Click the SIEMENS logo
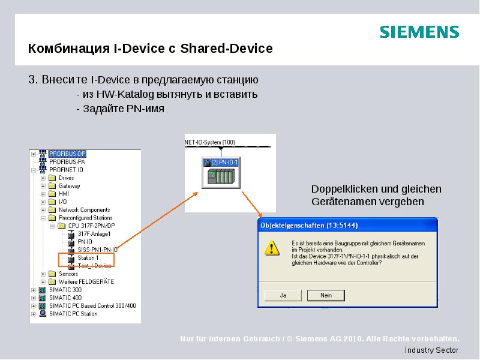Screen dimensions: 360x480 click(x=419, y=32)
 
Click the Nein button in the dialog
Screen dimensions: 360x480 click(x=326, y=295)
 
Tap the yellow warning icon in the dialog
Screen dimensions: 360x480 click(x=272, y=247)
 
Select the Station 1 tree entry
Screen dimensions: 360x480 click(x=88, y=258)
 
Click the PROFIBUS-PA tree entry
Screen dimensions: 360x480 click(x=67, y=162)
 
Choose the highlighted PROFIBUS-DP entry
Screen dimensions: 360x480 click(x=67, y=154)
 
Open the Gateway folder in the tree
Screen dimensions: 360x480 click(x=69, y=186)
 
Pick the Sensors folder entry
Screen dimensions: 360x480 click(x=68, y=274)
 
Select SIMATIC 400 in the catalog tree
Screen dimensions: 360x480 click(x=65, y=298)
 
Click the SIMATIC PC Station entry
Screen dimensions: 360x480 click(x=73, y=314)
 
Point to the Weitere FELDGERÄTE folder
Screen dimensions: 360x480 click(x=86, y=281)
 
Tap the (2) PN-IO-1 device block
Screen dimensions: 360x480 click(x=221, y=172)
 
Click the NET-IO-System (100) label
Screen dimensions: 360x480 click(x=209, y=142)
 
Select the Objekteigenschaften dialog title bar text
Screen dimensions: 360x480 click(x=300, y=226)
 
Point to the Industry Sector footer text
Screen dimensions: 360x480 click(x=431, y=350)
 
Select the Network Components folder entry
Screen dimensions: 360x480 click(x=84, y=210)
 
